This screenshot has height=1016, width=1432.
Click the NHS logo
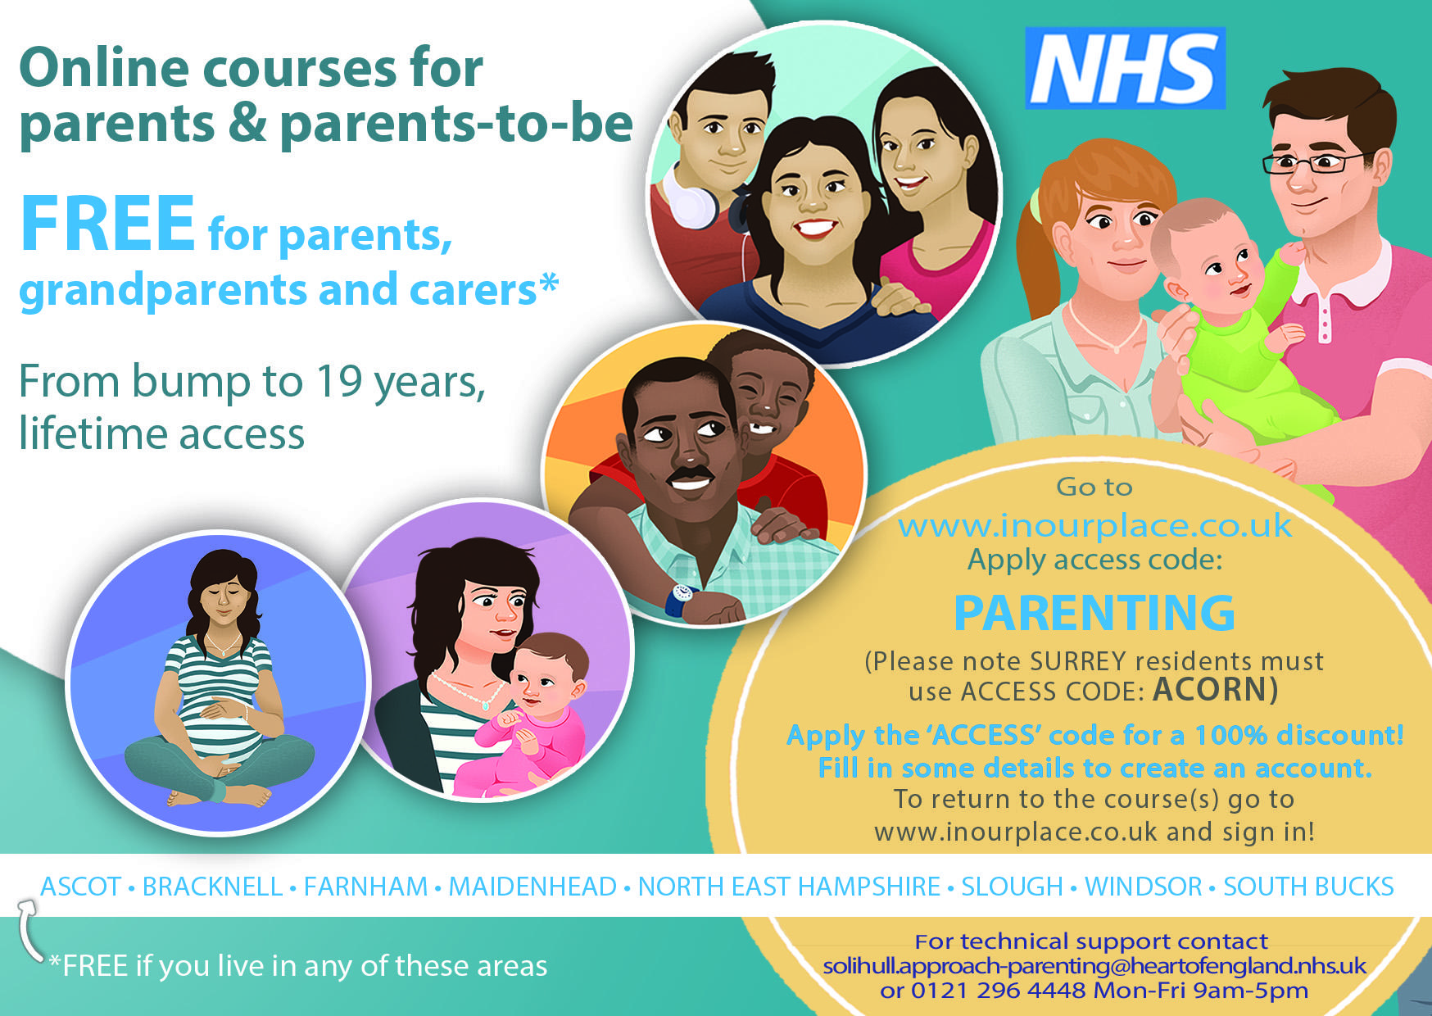point(1125,68)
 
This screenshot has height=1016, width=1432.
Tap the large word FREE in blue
point(108,223)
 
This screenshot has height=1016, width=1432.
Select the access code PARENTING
point(1094,613)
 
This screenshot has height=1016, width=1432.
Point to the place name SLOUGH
point(1012,887)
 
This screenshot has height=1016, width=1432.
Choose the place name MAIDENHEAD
point(532,887)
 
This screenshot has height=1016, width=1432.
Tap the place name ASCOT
point(81,887)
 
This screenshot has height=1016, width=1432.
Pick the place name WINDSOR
point(1144,887)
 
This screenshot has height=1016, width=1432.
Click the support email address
point(1094,966)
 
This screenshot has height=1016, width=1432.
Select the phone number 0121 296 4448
point(999,991)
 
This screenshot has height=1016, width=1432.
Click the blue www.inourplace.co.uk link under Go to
point(1095,526)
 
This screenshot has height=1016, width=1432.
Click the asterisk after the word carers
point(549,284)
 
